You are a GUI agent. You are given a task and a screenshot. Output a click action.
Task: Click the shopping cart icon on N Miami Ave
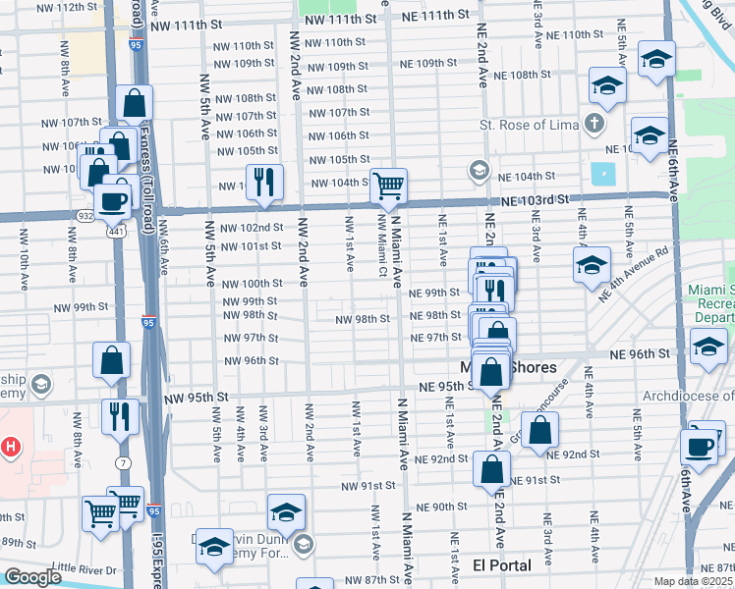point(390,185)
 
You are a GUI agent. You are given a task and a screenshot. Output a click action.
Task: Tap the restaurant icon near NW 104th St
point(264,182)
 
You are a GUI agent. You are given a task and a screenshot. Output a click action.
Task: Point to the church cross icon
point(593,125)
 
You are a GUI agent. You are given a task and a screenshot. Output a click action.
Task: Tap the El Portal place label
point(501,565)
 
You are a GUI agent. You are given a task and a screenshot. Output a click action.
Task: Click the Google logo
point(32,577)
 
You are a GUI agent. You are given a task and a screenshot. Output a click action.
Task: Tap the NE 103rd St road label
point(535,199)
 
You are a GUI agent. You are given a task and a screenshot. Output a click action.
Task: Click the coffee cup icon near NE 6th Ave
point(700,446)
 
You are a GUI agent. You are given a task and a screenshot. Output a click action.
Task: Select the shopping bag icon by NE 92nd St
point(540,430)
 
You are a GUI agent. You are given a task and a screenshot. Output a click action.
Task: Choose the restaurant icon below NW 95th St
point(116,415)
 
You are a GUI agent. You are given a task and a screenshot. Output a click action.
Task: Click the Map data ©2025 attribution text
point(692,581)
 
